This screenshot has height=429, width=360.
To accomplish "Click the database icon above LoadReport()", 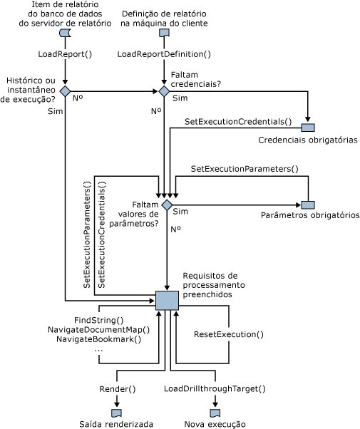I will tap(65, 33).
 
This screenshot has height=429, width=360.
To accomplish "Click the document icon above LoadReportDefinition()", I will tap(164, 33).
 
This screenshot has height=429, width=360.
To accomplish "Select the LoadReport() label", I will tap(65, 53).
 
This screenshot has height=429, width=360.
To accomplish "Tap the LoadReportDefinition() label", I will tap(164, 53).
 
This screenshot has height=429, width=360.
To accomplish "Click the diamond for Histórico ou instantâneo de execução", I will tap(65, 91).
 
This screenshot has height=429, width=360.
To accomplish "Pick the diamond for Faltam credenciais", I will tap(164, 91).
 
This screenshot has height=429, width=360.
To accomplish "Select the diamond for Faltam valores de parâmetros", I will tap(167, 205).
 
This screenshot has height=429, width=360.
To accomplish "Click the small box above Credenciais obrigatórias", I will tap(308, 128).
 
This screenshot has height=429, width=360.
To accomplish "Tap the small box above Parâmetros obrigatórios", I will tap(308, 205).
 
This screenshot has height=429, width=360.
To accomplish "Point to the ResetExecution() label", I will tap(229, 334).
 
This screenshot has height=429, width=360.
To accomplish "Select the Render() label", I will tap(117, 389).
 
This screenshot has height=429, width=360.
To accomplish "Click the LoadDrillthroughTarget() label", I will tap(215, 389).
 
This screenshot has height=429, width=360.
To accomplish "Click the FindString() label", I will tap(98, 320).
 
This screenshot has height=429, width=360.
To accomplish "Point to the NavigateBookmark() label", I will tap(98, 339).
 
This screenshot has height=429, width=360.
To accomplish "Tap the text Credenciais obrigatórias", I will tap(308, 140).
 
